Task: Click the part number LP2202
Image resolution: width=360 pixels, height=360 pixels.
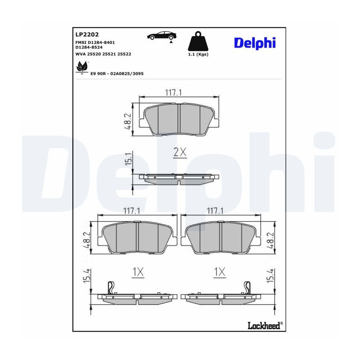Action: coord(87,34)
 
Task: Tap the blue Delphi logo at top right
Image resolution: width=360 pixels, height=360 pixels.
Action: coord(255,43)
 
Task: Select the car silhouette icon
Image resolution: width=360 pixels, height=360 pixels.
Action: coord(162,36)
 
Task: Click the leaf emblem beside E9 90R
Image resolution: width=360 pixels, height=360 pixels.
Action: coord(82,67)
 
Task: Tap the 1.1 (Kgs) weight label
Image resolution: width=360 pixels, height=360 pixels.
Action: coord(198,54)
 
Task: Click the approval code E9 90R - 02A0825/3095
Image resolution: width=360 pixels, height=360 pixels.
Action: coord(117,74)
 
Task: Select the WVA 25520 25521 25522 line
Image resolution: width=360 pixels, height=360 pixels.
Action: coord(103,54)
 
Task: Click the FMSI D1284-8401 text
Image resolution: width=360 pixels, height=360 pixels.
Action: coord(95,42)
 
